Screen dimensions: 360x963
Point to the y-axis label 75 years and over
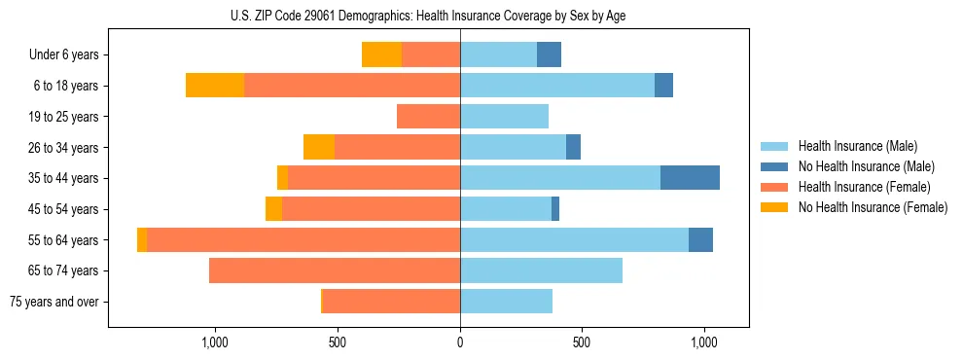[54, 302]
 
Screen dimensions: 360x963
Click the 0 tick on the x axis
[460, 342]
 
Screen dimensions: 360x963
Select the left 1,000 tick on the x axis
[215, 342]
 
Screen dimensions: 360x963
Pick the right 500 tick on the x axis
[582, 342]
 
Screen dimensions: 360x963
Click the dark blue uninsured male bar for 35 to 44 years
[690, 178]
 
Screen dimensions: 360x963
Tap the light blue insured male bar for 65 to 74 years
[541, 270]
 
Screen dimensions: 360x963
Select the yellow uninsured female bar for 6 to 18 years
[215, 86]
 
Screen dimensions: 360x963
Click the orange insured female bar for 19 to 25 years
[428, 117]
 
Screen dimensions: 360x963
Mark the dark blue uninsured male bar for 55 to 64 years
[700, 239]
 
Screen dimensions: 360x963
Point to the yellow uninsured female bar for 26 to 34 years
[319, 147]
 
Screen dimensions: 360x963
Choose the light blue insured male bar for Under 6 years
[498, 54]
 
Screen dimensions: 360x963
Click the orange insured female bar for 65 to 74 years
[335, 270]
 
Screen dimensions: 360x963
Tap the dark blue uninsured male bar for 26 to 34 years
[573, 147]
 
